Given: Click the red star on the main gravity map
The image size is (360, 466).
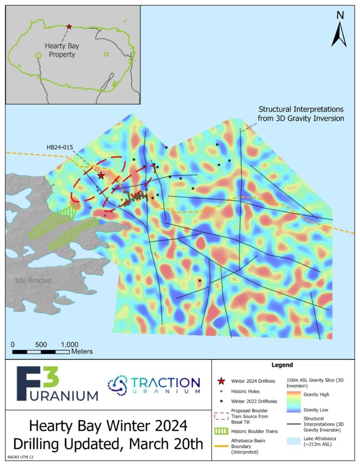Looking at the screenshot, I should tap(101, 175).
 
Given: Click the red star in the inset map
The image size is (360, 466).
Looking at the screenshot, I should tap(69, 27).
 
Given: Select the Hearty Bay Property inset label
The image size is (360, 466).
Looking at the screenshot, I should tap(60, 50).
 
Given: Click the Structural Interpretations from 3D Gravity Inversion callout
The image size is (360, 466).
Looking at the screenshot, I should tap(301, 114).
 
